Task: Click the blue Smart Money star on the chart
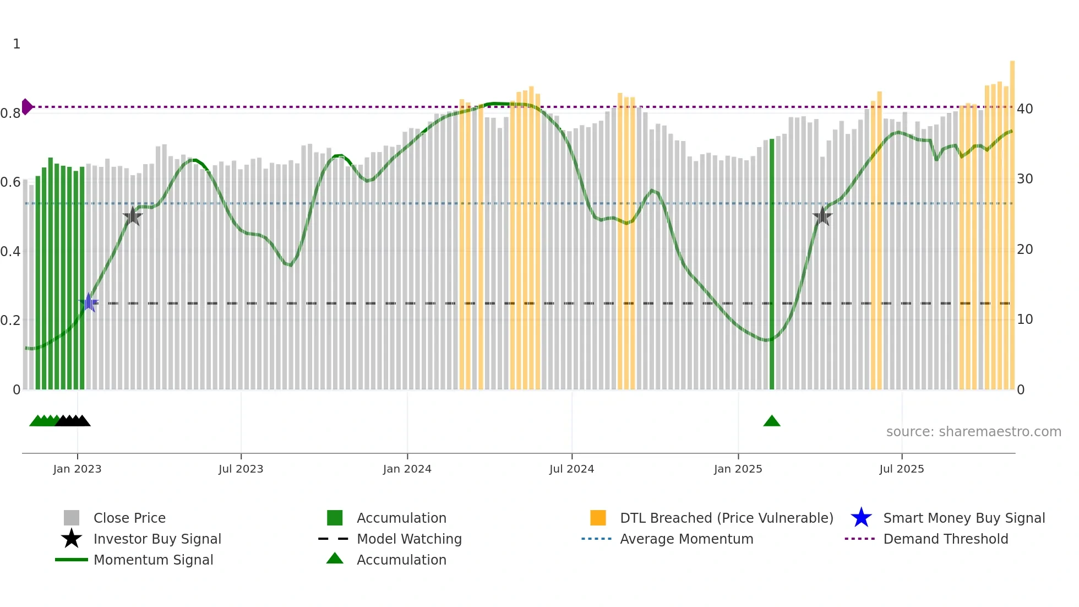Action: point(89,302)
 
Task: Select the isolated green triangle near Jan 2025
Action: point(772,421)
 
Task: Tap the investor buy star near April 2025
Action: point(822,216)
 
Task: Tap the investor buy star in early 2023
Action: point(133,216)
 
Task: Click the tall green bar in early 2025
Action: point(772,264)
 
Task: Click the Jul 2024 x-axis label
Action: point(571,469)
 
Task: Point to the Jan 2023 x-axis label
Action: point(77,469)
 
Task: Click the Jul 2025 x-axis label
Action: point(902,469)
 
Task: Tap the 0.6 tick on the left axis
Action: point(10,182)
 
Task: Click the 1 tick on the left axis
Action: point(17,44)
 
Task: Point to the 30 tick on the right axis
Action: point(1024,179)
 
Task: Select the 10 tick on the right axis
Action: point(1024,319)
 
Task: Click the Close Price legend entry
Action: point(129,518)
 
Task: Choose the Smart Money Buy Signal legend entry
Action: point(963,518)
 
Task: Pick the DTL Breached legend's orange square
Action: point(598,518)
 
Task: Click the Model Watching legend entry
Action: point(409,539)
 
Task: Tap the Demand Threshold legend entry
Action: point(945,539)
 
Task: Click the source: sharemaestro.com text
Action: point(973,432)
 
